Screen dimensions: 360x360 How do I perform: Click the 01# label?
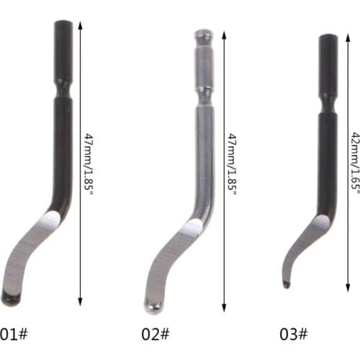click(x=14, y=334)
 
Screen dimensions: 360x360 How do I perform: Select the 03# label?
click(x=293, y=334)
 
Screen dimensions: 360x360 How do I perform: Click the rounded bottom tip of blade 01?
click(x=11, y=295)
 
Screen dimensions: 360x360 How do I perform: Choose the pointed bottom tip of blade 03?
click(x=287, y=285)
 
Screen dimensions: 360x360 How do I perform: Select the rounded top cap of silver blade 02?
click(x=203, y=34)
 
